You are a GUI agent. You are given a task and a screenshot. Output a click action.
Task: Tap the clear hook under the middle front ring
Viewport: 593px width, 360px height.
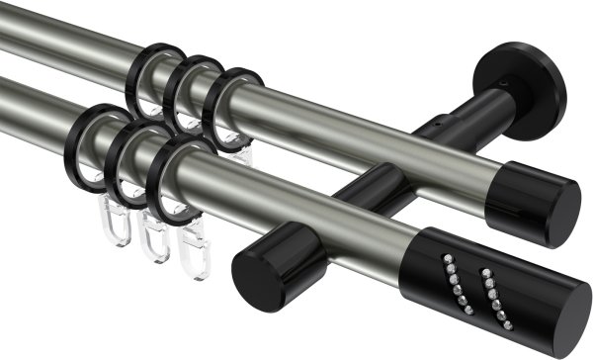(x=153, y=240)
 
